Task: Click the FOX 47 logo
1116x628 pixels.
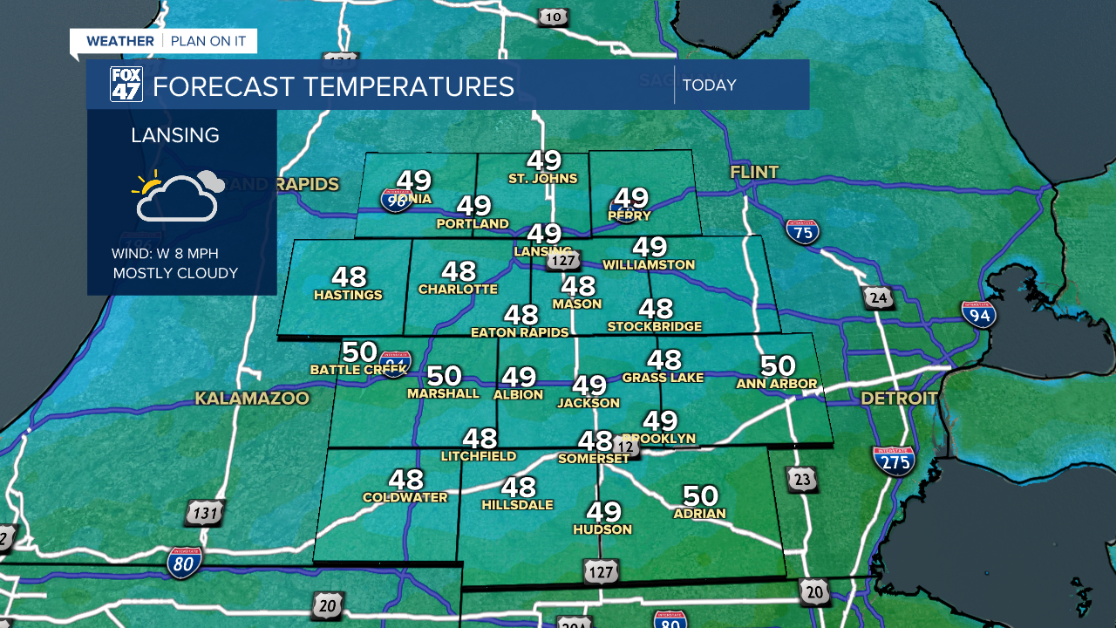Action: coord(126,85)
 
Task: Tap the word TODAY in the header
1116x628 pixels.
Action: coord(709,85)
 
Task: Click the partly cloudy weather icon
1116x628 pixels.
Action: coord(178,195)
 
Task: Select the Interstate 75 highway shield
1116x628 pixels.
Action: coord(802,230)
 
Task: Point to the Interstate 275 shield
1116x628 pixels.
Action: coord(893,460)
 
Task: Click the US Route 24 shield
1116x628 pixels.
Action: coord(879,298)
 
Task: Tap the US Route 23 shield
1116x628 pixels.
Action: coord(802,479)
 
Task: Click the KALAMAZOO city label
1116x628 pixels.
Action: coord(252,399)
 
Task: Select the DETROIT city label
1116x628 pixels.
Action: coord(899,399)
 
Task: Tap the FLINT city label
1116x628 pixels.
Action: coord(754,173)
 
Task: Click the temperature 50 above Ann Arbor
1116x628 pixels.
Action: coord(778,365)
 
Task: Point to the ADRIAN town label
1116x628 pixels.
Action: coord(699,514)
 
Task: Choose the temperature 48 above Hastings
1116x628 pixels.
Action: coord(349,276)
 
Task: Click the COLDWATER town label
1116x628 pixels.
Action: coord(405,498)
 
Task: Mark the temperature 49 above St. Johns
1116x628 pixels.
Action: coord(543,160)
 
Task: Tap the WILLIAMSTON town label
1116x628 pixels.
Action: coord(649,264)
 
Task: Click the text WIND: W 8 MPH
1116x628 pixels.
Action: coord(165,254)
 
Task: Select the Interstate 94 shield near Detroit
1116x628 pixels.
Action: coord(979,314)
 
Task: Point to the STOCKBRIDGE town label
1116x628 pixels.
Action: coord(655,327)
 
